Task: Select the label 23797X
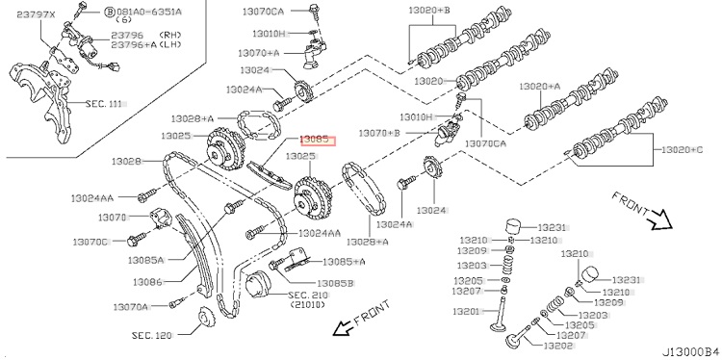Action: click(x=36, y=14)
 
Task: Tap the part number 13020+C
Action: click(x=682, y=149)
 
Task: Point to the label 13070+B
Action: click(x=379, y=133)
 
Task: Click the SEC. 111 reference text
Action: click(x=104, y=104)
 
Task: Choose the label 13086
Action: click(x=147, y=282)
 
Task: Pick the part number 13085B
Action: click(x=335, y=284)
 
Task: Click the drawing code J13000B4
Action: click(x=690, y=350)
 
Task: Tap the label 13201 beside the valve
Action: click(x=467, y=311)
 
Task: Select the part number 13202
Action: click(x=557, y=347)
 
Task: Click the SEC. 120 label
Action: click(x=151, y=335)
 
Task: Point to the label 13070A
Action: click(x=131, y=306)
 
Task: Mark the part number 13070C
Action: click(x=90, y=242)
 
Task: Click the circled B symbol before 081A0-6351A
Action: click(x=109, y=12)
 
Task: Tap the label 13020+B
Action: click(x=429, y=9)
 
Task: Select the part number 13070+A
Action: click(x=259, y=53)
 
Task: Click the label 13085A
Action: click(x=146, y=260)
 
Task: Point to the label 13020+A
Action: click(x=540, y=86)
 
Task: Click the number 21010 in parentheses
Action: click(x=308, y=305)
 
